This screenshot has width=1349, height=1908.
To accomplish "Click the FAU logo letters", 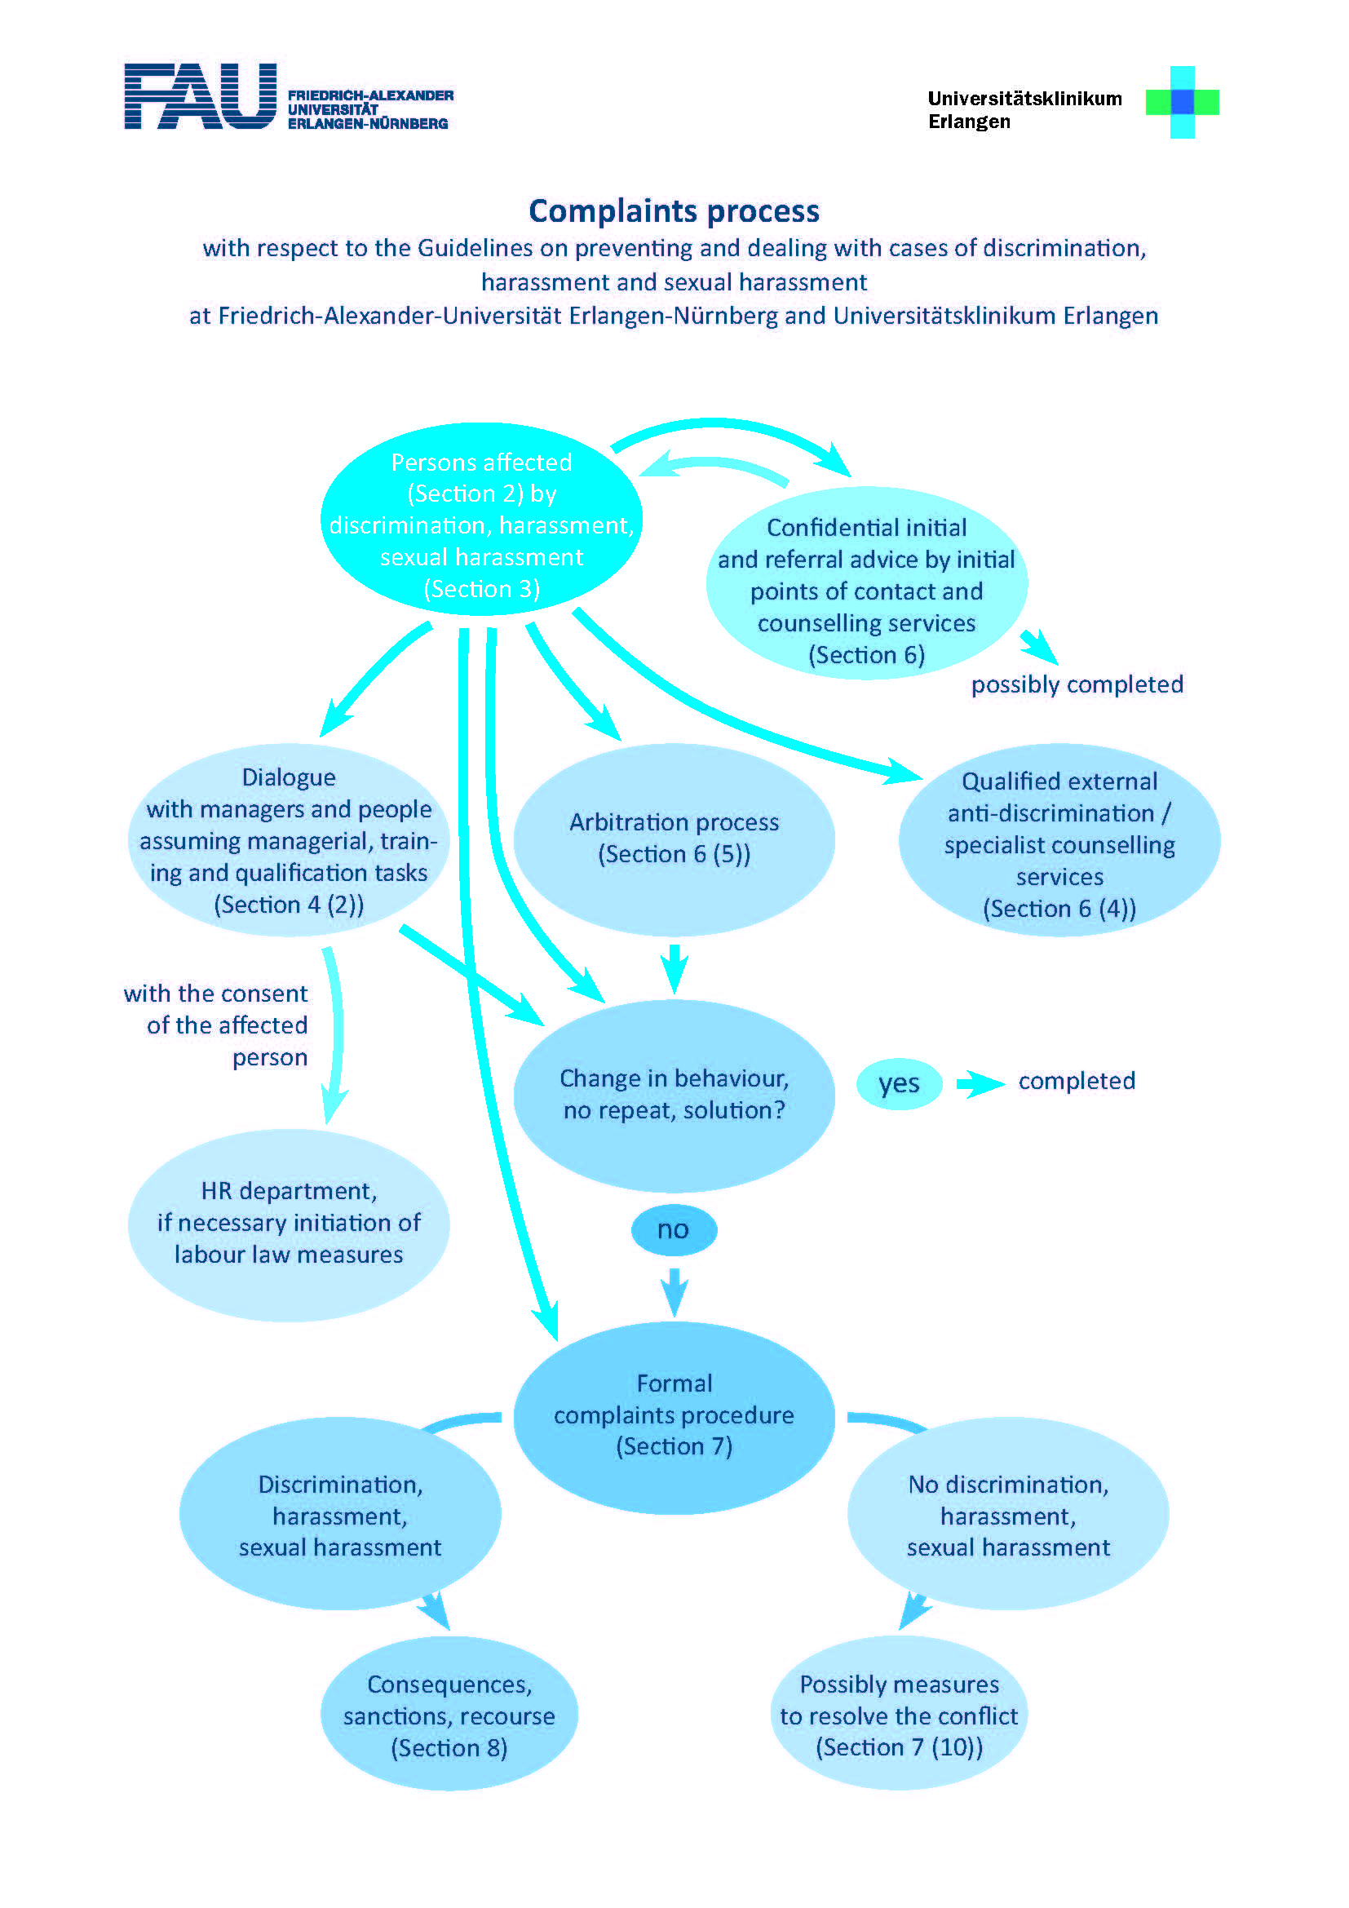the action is click(x=200, y=96).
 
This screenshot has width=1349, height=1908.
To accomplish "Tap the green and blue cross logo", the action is click(x=1182, y=102).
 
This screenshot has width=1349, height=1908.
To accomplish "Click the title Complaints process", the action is click(x=674, y=211).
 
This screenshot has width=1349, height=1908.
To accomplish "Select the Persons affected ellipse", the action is click(x=482, y=520).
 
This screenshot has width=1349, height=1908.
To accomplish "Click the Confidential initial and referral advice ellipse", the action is click(x=866, y=583).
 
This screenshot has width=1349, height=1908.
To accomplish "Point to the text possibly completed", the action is click(x=1077, y=684).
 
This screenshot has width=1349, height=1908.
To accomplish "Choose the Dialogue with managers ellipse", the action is click(x=289, y=839).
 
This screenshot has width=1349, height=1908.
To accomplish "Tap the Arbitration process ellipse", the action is click(x=674, y=839).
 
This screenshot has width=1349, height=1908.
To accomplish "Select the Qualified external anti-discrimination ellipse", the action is click(x=1059, y=839).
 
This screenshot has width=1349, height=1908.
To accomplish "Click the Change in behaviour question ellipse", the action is click(x=674, y=1096).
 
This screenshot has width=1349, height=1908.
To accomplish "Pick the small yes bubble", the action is click(x=900, y=1083).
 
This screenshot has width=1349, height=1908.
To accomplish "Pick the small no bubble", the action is click(x=674, y=1230).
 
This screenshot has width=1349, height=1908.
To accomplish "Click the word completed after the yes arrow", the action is click(x=1077, y=1080).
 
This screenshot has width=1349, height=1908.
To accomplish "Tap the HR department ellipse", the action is click(x=289, y=1224).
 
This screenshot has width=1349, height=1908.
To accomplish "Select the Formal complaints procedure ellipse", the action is click(x=674, y=1417).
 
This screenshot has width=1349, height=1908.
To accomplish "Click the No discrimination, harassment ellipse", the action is click(x=1007, y=1513).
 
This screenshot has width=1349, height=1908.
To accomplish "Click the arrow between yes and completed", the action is click(x=980, y=1083).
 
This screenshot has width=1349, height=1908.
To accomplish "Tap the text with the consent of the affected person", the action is click(x=216, y=1025).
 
